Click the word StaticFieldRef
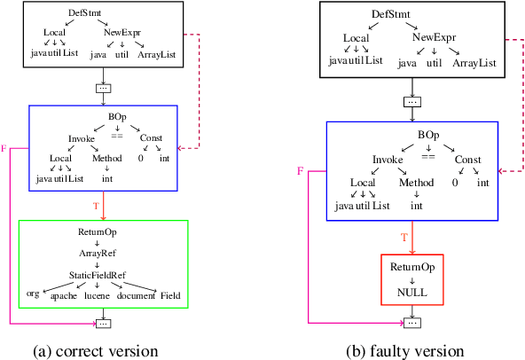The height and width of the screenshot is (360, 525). tap(105, 274)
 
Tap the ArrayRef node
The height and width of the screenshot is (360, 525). tap(105, 253)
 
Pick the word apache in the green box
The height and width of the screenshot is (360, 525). tap(65, 293)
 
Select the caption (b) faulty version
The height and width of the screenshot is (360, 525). tap(410, 349)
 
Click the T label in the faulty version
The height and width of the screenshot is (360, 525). tap(404, 238)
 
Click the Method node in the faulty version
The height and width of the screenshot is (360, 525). tap(416, 183)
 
